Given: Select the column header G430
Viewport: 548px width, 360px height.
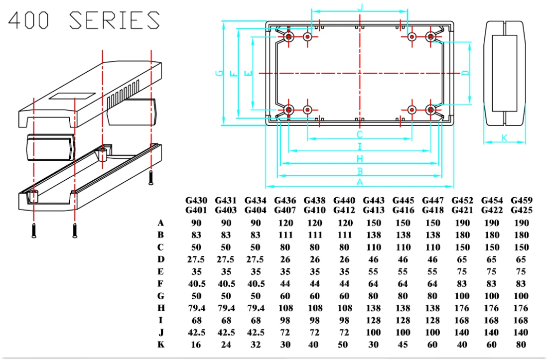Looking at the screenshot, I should click(196, 200).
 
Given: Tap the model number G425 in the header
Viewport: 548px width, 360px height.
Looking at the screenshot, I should click(521, 210).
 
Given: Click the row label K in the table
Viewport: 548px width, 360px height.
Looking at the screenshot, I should click(161, 344).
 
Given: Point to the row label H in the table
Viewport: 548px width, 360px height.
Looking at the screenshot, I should click(161, 308).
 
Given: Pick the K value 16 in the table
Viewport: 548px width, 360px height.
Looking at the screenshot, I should click(196, 344).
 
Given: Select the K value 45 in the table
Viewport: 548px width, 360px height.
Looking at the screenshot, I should click(403, 344).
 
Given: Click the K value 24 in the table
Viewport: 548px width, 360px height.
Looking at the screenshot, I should click(225, 344).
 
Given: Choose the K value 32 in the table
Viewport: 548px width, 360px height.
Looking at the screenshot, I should click(255, 344).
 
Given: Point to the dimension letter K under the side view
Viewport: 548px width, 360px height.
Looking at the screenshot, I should click(504, 138).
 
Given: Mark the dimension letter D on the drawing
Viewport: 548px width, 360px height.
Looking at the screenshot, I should click(465, 73).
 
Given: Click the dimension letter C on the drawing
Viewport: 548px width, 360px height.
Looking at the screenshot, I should click(359, 134).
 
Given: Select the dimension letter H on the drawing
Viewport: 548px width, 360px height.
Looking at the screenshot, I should click(359, 159).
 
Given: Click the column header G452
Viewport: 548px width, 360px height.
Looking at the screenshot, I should click(462, 200).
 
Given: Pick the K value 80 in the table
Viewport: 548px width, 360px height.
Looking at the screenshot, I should click(521, 344).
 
